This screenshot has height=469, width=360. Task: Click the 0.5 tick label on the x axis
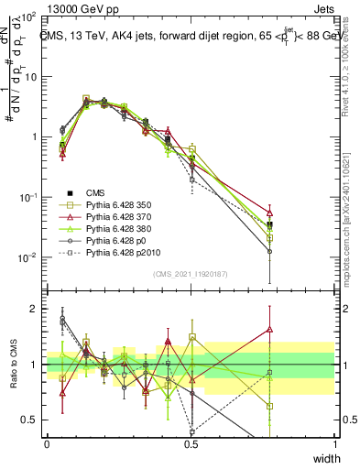tap(191, 444)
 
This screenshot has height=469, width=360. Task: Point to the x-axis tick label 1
tap(335, 444)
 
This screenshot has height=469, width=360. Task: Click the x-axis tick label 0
tap(47, 444)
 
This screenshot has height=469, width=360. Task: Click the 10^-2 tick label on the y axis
tap(27, 257)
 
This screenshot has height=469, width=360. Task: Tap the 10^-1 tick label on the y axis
tap(27, 197)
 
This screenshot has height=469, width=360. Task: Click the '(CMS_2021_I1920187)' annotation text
tap(191, 273)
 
